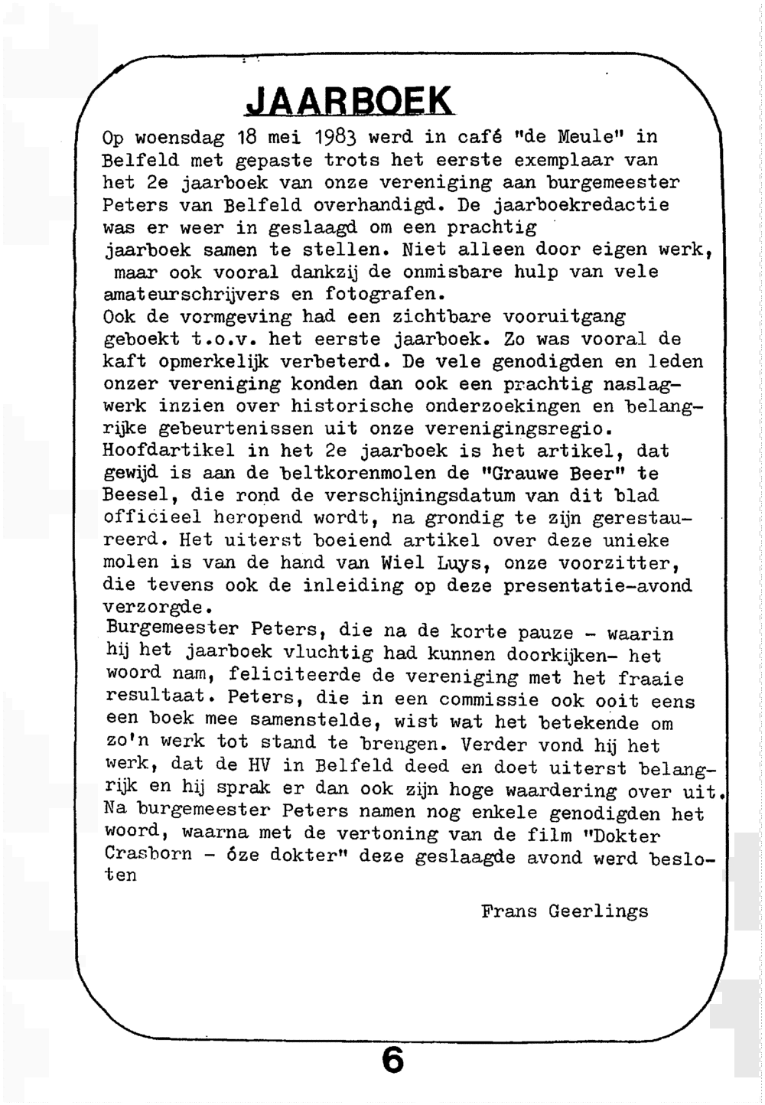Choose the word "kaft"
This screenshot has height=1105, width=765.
(125, 362)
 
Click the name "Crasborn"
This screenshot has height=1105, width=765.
(148, 854)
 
